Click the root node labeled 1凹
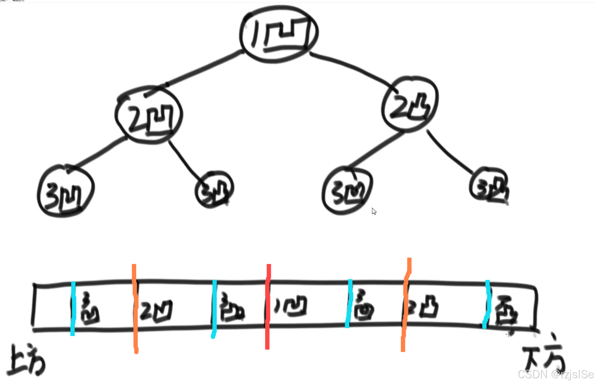(279, 34)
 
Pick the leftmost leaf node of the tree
(65, 191)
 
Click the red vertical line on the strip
(268, 307)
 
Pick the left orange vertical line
(135, 309)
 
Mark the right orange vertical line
(405, 304)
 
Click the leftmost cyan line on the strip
(73, 309)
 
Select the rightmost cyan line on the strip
(487, 304)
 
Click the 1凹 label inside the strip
(290, 306)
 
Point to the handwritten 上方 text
(27, 360)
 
